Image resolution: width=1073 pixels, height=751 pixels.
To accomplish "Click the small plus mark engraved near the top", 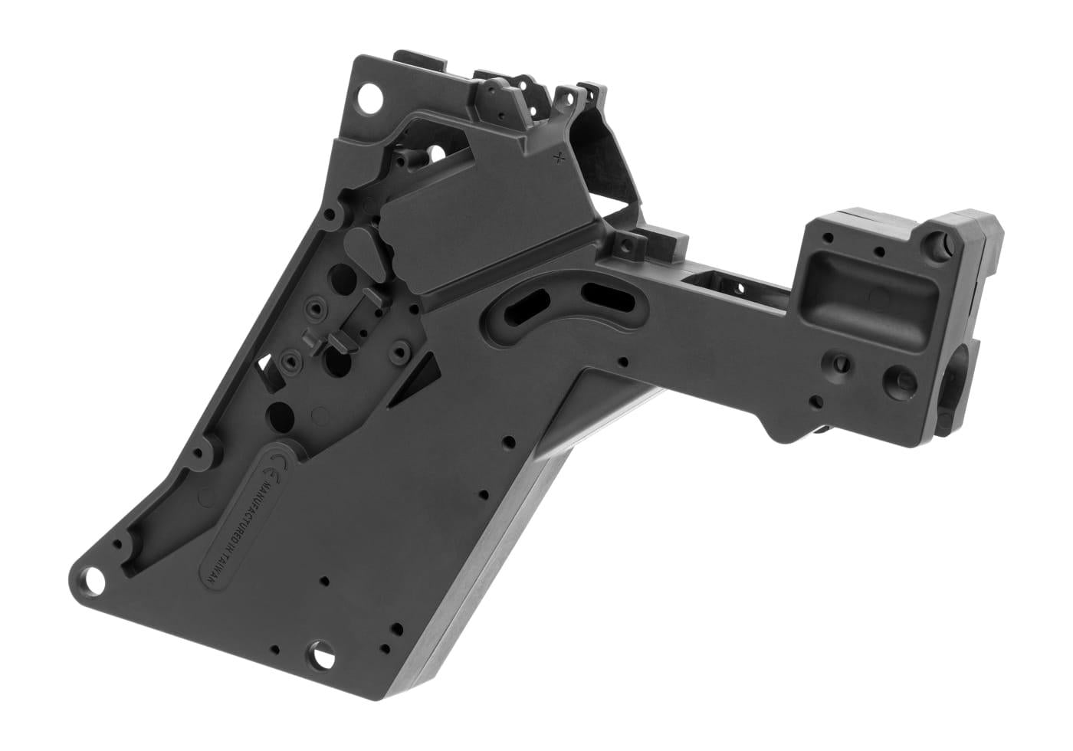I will coord(559,159).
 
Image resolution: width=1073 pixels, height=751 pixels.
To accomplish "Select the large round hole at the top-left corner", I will coord(369,98).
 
